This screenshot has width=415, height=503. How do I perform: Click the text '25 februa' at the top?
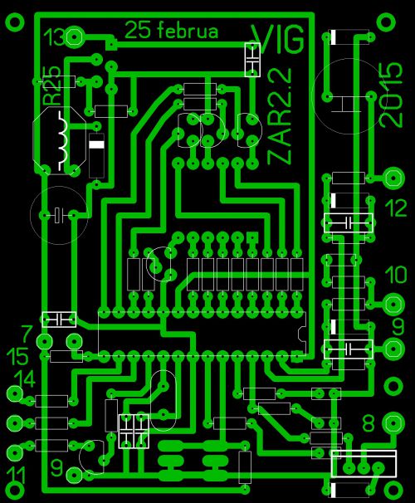tap(171, 31)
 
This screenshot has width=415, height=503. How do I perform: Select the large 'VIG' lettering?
tap(278, 39)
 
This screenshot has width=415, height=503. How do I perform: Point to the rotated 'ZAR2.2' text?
tap(280, 116)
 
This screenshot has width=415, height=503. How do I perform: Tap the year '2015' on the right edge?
tap(390, 95)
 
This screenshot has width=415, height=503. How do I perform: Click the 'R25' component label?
tap(51, 85)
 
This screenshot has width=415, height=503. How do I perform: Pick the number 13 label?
tap(55, 37)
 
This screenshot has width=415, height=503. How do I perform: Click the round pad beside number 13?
tap(75, 37)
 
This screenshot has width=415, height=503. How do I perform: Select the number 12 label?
tap(396, 208)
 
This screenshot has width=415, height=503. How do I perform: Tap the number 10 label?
tap(396, 275)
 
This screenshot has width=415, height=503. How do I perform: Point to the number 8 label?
tap(369, 423)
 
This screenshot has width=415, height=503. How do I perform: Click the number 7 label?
tap(27, 334)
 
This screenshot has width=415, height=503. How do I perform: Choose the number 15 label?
tap(18, 356)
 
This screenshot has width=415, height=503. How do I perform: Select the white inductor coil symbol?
tap(62, 141)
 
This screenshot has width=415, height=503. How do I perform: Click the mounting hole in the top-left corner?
tap(15, 22)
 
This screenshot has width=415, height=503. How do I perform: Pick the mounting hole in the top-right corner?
tap(387, 22)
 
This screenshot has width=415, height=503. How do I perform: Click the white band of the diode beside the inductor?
tap(96, 144)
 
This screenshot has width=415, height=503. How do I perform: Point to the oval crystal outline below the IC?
tap(164, 400)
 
